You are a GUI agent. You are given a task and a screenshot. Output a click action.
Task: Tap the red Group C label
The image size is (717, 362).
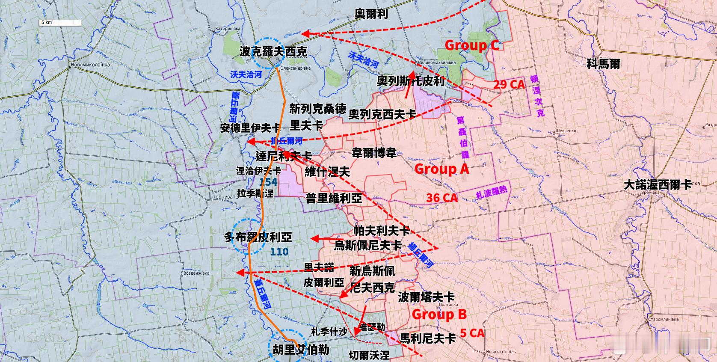[472, 45]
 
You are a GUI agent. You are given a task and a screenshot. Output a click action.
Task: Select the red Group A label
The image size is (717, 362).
[441, 169]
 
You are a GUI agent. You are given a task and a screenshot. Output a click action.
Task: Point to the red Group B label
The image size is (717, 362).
[439, 315]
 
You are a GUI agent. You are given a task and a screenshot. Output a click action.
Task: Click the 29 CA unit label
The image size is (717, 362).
[509, 84]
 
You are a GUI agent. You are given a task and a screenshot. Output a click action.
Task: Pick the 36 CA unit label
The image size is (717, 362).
[441, 198]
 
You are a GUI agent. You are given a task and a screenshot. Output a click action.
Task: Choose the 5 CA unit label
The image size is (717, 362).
[472, 333]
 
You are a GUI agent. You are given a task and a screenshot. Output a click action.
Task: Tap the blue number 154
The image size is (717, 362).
[268, 182]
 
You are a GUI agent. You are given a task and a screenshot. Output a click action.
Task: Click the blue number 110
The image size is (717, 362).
[279, 252]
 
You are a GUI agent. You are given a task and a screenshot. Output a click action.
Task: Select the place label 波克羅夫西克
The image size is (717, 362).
[273, 52]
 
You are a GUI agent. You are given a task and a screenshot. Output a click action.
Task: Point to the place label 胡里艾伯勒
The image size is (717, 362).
[301, 350]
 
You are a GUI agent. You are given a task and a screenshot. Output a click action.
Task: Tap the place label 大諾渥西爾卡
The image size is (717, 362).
[658, 184]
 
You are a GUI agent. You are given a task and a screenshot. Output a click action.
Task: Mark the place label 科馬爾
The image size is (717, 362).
[603, 64]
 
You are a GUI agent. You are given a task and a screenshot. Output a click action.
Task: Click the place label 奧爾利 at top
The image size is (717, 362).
[371, 14]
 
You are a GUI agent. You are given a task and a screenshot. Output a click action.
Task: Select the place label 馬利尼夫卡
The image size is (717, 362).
[427, 339]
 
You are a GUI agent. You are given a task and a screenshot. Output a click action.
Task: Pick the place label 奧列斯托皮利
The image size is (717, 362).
[411, 81]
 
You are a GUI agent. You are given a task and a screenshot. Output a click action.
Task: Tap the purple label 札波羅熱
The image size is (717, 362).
[491, 193]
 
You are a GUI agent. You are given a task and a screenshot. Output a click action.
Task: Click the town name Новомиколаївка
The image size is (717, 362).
[91, 65]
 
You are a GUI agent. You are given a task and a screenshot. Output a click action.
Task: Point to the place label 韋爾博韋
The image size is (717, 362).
[374, 153]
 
